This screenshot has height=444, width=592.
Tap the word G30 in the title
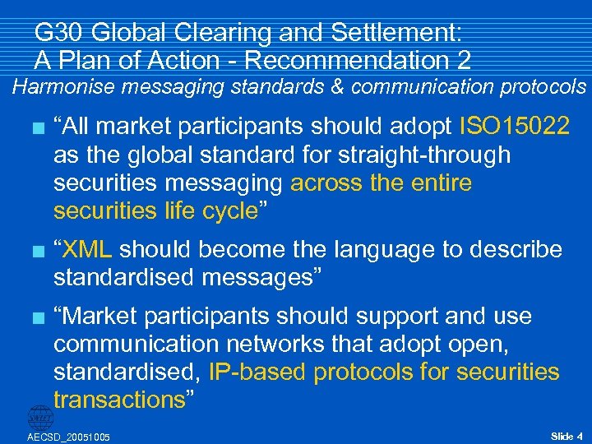coord(58,33)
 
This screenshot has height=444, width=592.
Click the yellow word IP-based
coord(258,372)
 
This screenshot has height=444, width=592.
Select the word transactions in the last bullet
coord(120,400)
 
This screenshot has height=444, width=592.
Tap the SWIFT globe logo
coord(39,417)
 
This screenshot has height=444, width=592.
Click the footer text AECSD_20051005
coord(69,436)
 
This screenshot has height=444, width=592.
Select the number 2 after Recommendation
coord(464,60)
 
